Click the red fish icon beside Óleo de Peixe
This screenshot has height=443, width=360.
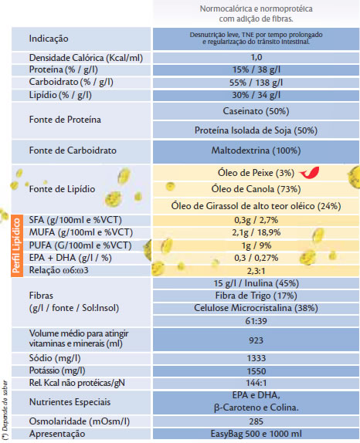click(310, 173)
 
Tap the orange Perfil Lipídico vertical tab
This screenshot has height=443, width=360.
click(17, 245)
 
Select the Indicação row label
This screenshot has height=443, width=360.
click(49, 39)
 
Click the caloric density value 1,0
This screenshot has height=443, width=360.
click(256, 57)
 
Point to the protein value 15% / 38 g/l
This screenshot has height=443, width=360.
click(256, 69)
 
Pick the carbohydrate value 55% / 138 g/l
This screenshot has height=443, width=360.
click(256, 83)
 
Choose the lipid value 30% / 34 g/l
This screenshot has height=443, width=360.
click(256, 95)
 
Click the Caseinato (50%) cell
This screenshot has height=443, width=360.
click(256, 111)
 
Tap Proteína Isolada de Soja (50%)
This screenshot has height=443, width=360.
click(256, 130)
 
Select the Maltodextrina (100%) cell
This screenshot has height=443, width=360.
click(256, 150)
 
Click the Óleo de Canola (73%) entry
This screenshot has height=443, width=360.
click(256, 189)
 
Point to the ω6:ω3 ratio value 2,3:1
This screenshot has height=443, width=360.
click(256, 271)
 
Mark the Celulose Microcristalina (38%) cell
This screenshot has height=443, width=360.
click(256, 308)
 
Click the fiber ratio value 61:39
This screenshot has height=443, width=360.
click(256, 321)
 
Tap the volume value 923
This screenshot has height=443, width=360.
click(256, 340)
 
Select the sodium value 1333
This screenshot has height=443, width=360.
click(256, 358)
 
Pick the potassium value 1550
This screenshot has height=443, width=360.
click(256, 371)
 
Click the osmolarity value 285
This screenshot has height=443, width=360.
click(256, 421)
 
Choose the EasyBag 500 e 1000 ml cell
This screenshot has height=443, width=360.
click(256, 434)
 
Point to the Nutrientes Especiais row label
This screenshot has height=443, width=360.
click(70, 402)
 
